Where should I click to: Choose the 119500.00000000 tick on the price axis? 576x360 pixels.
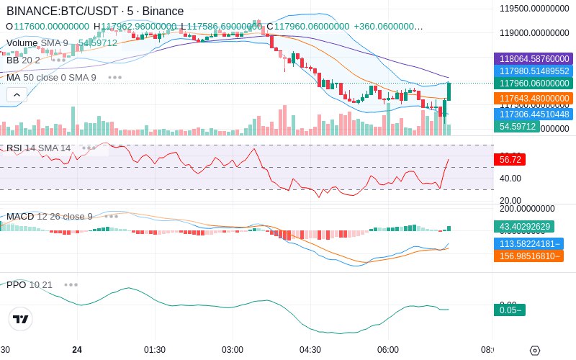pos(535,9)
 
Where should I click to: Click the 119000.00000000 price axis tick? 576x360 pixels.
pos(535,33)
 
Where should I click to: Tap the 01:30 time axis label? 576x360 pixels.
pos(155,349)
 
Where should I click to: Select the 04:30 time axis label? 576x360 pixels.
pos(310,349)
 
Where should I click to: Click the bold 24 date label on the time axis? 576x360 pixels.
pos(77,349)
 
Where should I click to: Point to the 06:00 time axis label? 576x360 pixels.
pos(388,349)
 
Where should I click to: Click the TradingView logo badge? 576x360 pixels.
pos(21,319)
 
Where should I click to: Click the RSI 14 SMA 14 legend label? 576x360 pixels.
pos(39,148)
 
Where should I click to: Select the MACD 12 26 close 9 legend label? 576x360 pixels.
pos(50,216)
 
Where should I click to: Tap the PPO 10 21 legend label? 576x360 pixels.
pos(30,284)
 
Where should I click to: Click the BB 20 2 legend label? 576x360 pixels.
pos(23,60)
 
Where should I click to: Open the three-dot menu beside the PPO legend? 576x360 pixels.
pos(71,284)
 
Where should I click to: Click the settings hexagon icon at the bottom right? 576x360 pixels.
pos(534,351)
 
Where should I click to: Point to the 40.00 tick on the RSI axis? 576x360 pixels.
pos(510,179)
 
